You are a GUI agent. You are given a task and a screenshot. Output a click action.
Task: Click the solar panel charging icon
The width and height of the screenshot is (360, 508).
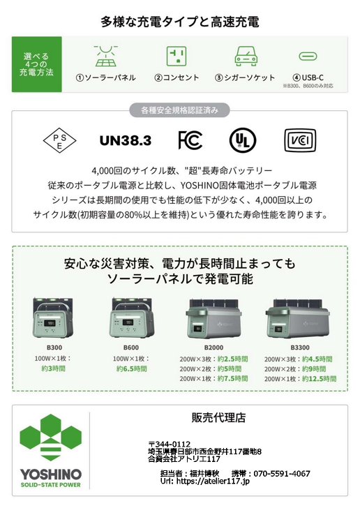[x=105, y=56]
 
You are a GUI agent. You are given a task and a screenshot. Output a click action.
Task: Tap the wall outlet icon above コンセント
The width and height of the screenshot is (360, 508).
[x=177, y=56]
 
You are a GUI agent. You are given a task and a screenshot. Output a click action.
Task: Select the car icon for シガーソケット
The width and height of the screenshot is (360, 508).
[x=246, y=56]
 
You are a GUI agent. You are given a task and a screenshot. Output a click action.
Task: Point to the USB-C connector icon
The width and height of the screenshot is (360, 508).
[x=308, y=57]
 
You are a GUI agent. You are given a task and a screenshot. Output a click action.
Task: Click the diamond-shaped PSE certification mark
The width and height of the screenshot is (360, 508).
[x=59, y=141]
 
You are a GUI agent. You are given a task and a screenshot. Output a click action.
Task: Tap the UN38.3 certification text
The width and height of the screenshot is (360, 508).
[x=126, y=141]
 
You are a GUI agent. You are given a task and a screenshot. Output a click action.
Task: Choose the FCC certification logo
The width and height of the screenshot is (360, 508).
[x=190, y=140]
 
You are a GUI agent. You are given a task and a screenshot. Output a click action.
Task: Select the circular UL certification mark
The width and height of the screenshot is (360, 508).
[x=243, y=141]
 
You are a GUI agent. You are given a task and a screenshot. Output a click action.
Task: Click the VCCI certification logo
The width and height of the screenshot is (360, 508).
[x=300, y=141]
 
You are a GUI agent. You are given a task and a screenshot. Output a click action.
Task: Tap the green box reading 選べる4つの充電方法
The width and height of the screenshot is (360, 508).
[x=36, y=64]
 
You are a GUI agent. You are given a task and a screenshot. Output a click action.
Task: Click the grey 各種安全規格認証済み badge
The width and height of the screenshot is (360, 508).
[x=179, y=110]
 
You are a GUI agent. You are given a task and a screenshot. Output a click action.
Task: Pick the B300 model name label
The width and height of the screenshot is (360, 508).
[x=54, y=348]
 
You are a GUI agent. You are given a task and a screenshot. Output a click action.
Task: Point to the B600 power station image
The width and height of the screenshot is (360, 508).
[x=132, y=318]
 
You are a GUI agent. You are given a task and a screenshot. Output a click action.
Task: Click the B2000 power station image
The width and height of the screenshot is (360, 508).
[x=214, y=319]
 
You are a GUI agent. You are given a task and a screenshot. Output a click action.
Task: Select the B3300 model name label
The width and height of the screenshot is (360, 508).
[x=300, y=348]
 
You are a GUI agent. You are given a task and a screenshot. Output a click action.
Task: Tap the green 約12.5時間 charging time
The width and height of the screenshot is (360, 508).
[x=319, y=379]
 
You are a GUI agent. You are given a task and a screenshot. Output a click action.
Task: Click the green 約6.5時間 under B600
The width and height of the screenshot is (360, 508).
[x=132, y=368]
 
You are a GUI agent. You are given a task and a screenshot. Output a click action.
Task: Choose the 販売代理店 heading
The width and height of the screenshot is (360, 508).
[x=219, y=417]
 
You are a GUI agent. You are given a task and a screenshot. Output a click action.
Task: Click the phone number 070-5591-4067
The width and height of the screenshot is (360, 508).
[x=282, y=474]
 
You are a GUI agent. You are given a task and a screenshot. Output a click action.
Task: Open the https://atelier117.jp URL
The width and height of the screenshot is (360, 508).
[x=213, y=481]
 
